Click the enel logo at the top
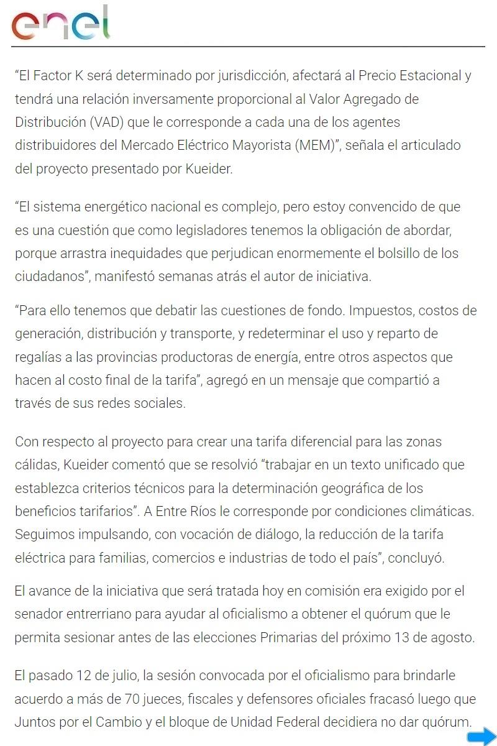point(60,23)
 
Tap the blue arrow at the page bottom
point(481,737)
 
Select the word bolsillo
point(411,253)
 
